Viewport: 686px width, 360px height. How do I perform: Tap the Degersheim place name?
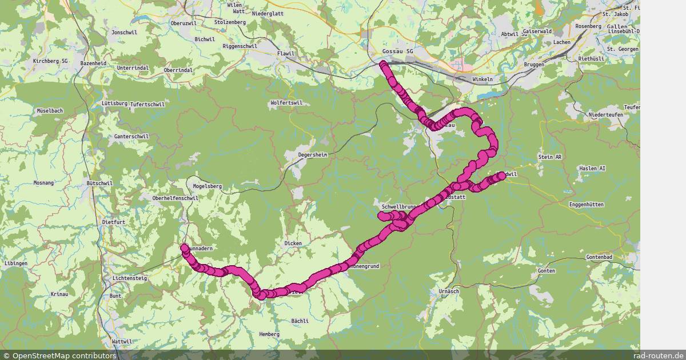[313, 155]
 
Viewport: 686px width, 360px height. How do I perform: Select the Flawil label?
[285, 54]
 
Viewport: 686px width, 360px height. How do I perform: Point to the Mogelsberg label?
[207, 186]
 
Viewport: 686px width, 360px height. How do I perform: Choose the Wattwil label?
[122, 341]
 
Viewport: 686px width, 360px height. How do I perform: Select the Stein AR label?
[551, 157]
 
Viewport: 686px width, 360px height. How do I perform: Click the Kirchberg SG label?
[50, 61]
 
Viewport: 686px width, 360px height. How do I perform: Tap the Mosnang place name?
[43, 183]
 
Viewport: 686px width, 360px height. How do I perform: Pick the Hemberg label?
[269, 334]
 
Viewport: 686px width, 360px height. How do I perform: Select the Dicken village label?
[293, 243]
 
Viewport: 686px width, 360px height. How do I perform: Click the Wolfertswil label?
[286, 103]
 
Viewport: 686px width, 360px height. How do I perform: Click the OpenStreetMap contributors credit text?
[60, 355]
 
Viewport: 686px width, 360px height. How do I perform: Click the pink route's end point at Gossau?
[383, 64]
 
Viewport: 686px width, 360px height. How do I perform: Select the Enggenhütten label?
[586, 205]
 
